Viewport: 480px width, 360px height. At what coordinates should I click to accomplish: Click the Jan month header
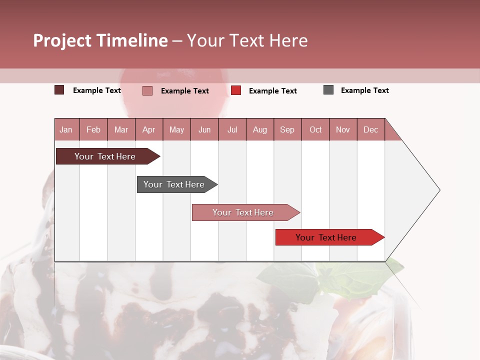66,130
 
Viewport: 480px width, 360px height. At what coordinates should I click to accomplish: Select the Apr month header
149,130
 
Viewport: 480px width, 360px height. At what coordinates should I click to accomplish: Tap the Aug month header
260,130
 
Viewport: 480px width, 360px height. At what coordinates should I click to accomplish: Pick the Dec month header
371,130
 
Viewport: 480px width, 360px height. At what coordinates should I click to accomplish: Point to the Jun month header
204,130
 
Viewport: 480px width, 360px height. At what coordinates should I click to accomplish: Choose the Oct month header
315,130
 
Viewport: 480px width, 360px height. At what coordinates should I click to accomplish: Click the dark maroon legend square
59,90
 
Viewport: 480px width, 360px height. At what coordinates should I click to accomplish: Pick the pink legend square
147,90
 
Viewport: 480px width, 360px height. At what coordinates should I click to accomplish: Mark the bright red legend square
236,90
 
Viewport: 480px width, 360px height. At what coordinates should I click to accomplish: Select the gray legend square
328,90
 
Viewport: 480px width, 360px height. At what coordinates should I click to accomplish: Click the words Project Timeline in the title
100,40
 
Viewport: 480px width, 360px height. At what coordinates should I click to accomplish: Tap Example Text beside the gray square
364,90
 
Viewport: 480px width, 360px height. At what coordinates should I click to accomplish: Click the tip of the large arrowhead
439,190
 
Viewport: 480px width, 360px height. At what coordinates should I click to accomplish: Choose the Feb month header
93,130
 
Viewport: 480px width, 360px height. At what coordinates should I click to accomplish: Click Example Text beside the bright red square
272,91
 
